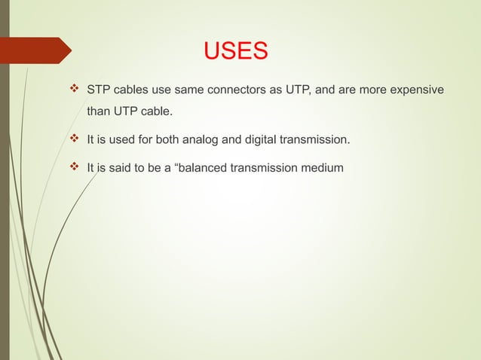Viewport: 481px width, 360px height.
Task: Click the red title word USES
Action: click(x=236, y=51)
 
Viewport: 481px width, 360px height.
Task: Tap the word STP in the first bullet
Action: click(x=99, y=91)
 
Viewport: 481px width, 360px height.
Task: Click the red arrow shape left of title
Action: click(x=38, y=50)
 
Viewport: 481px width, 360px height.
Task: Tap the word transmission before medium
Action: click(x=263, y=168)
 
